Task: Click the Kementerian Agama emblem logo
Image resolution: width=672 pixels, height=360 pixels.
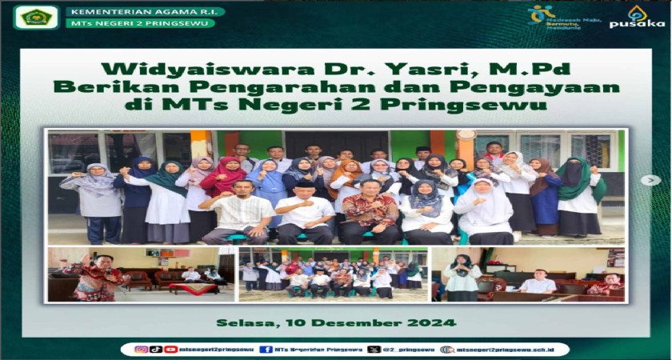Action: click(x=36, y=16)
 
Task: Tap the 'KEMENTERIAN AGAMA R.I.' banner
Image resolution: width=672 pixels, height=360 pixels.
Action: click(x=145, y=12)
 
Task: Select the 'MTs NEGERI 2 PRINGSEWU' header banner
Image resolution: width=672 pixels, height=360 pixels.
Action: click(x=141, y=23)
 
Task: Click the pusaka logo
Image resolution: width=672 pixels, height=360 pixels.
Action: click(x=637, y=17)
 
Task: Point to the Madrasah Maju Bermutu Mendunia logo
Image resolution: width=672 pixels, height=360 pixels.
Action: click(x=551, y=16)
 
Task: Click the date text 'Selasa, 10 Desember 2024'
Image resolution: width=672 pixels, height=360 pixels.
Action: click(x=336, y=323)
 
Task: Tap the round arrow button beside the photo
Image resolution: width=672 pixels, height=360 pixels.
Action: click(x=650, y=180)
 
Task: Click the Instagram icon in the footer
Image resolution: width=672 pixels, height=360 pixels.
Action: click(x=142, y=350)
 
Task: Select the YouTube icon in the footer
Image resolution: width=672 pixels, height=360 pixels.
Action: click(x=170, y=350)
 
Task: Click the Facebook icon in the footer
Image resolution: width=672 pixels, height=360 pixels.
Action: click(x=266, y=350)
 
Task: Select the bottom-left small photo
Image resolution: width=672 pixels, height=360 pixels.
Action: click(x=141, y=274)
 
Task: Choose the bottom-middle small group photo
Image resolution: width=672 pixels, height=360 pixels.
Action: click(x=334, y=274)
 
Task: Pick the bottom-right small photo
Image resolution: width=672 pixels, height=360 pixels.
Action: click(x=528, y=274)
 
